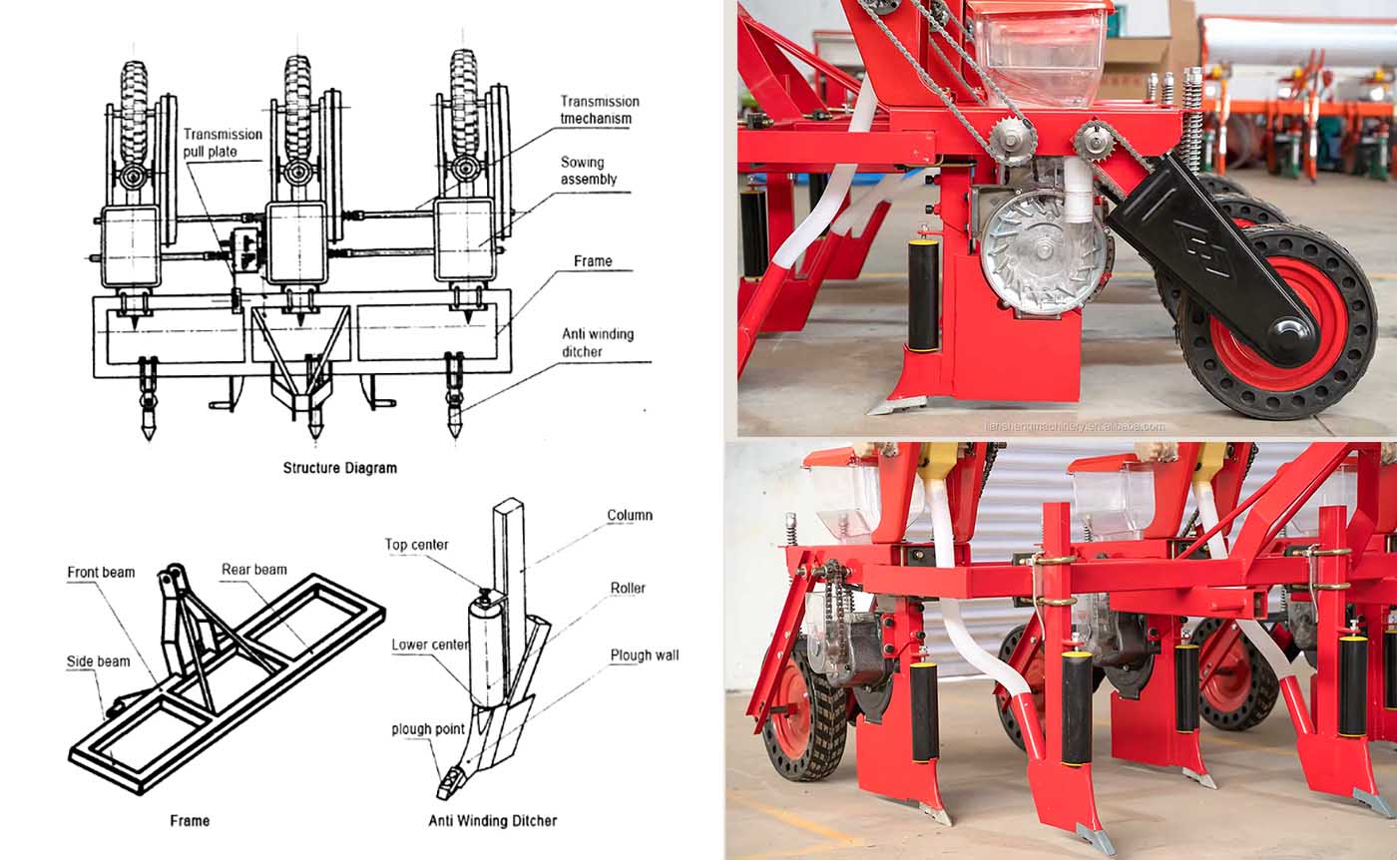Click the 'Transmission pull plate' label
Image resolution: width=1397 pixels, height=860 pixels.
click(x=223, y=143)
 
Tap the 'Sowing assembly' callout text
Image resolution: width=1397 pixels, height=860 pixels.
click(x=588, y=171)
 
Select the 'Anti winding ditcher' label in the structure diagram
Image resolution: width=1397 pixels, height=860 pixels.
click(x=598, y=343)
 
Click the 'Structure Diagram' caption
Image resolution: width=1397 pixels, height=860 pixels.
click(x=340, y=468)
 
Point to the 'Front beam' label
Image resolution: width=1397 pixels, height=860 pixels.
click(x=101, y=572)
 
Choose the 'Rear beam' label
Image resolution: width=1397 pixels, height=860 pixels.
click(x=254, y=570)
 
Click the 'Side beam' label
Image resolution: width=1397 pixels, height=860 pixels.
click(x=99, y=661)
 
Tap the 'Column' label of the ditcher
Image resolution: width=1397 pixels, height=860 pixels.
click(x=630, y=515)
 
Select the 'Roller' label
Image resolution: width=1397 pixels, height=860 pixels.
click(x=628, y=588)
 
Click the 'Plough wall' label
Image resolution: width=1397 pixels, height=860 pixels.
click(x=645, y=655)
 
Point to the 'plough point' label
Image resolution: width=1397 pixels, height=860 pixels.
click(x=428, y=729)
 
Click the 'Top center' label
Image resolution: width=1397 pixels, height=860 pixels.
click(x=417, y=545)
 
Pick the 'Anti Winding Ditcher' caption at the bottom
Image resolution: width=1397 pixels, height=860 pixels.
click(x=493, y=821)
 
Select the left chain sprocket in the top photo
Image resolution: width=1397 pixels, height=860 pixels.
click(x=1010, y=138)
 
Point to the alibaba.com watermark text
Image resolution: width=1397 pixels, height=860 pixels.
click(x=1074, y=427)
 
